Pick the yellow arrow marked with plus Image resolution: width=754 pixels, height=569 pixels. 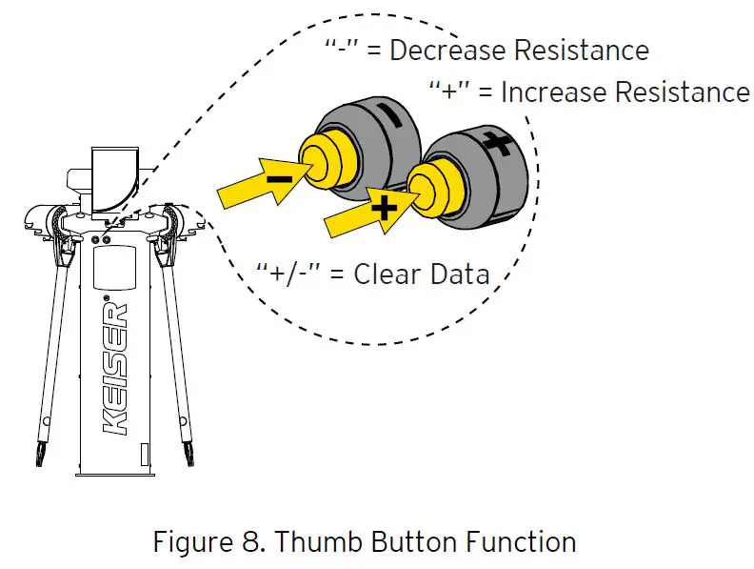[x=371, y=211]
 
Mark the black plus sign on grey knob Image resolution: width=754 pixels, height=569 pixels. [x=496, y=145]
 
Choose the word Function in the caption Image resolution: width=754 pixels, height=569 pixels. [x=521, y=542]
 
